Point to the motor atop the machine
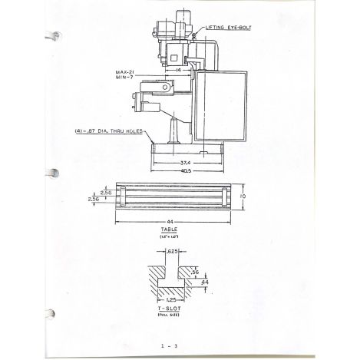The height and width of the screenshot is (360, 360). pos(185,19)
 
